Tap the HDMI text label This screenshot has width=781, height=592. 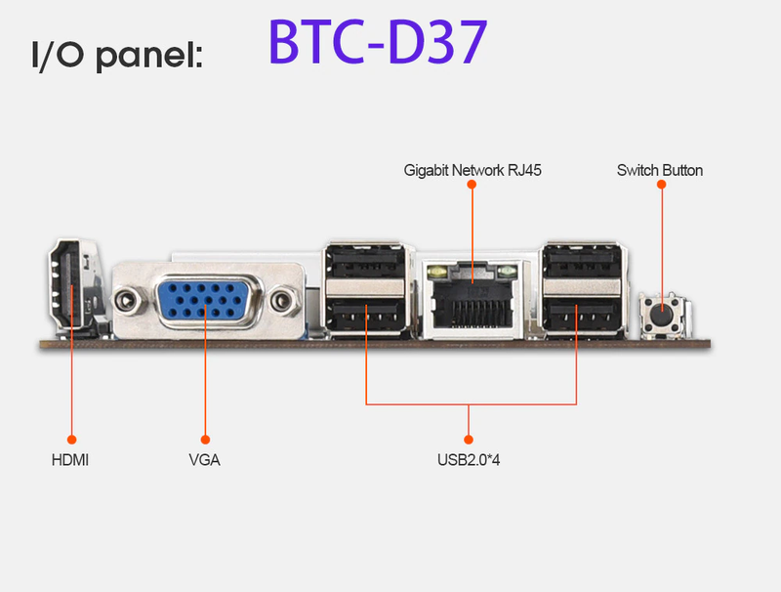coord(70,458)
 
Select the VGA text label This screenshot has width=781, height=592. coord(204,458)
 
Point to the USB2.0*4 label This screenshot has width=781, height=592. coord(469,458)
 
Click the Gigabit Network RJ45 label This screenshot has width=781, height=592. coord(473,170)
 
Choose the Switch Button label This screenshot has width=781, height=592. coord(660,170)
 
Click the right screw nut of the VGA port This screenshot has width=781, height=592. coord(283,300)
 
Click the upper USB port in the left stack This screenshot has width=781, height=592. coord(365,261)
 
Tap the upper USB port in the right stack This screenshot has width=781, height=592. coord(580,261)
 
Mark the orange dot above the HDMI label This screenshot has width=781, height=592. coord(70,439)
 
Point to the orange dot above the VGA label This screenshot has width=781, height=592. coord(205,439)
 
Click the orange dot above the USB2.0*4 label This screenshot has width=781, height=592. coord(469,439)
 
